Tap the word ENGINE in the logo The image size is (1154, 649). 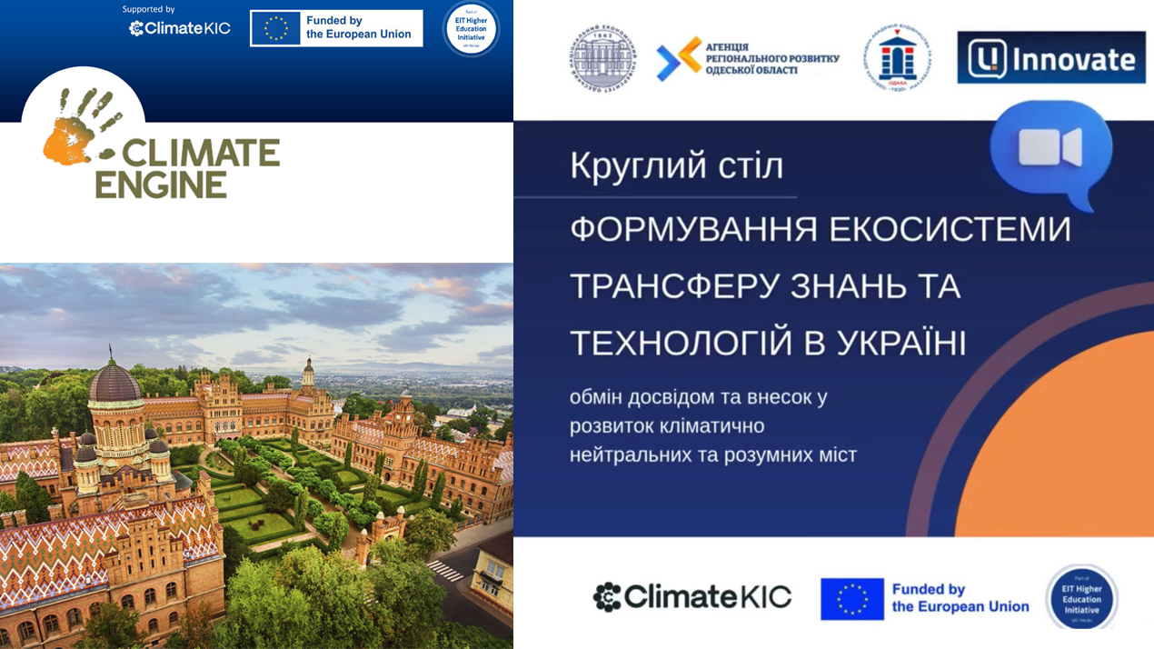[161, 185]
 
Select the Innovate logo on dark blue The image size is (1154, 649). [1050, 58]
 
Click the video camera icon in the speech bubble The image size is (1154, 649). [1050, 147]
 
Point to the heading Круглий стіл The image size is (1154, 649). [676, 167]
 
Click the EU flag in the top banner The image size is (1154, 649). [275, 28]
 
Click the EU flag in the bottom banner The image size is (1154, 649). [851, 599]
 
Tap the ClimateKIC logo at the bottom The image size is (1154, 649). [692, 597]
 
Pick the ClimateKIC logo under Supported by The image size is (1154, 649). [179, 28]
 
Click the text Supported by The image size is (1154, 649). [148, 9]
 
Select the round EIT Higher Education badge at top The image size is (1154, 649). [470, 28]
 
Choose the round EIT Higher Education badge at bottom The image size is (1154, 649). [1081, 598]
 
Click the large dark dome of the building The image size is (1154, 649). [114, 382]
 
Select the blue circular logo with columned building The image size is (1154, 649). [896, 58]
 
